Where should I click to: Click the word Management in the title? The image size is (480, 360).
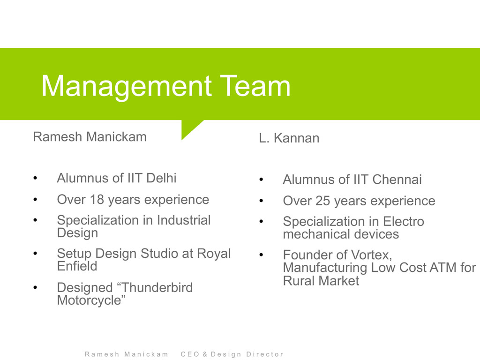point(127,87)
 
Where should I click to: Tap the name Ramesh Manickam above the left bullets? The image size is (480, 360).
point(90,136)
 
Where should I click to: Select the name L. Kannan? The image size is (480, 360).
point(289,138)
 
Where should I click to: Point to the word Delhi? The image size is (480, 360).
point(161,178)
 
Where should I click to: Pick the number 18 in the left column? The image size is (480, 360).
point(97,200)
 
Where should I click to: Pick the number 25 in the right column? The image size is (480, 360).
point(323,201)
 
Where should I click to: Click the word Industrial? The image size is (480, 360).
point(184,220)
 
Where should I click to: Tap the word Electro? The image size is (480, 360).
point(404,221)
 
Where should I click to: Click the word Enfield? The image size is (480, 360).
point(77,266)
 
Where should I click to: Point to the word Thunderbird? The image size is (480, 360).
point(157,287)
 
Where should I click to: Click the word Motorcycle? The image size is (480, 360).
point(89,300)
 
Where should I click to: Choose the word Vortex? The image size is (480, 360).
point(371,255)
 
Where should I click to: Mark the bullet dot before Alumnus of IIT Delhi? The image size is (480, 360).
point(35,178)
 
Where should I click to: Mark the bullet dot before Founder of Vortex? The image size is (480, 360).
point(261,255)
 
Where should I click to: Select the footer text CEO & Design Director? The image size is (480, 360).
point(232,354)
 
